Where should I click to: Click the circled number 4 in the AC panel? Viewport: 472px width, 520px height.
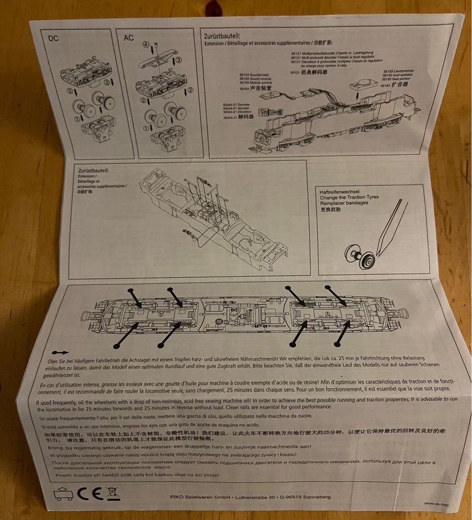point(147,44)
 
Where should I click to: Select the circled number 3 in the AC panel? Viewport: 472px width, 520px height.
point(179,60)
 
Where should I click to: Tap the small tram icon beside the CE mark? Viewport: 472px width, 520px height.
point(64,495)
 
